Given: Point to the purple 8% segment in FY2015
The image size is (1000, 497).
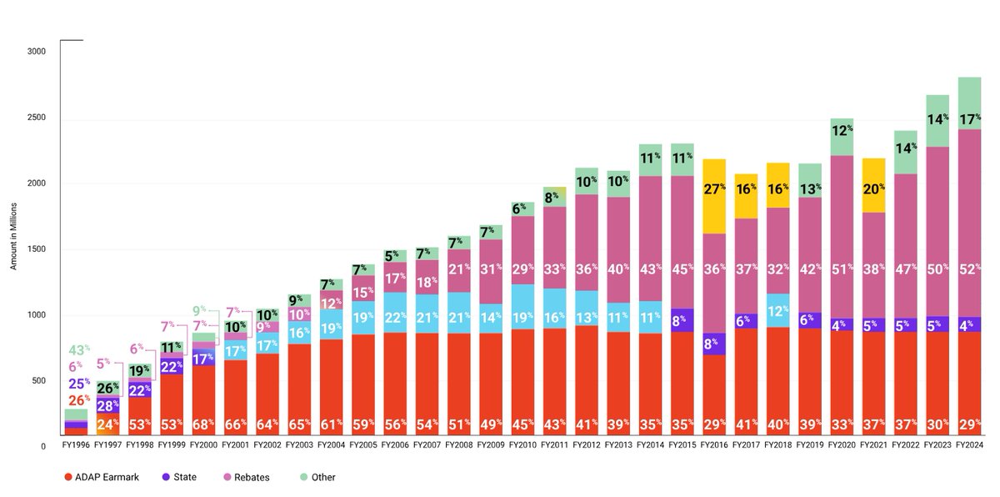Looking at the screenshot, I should coord(683,320).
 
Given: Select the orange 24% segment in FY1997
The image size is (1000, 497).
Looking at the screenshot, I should coord(108,424).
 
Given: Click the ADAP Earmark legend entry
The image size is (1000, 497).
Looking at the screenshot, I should coord(100,478).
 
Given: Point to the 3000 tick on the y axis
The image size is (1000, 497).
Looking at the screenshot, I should coord(37,52).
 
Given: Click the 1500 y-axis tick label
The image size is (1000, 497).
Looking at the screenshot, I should coord(37,249).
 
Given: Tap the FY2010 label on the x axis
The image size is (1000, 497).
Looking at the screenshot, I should coord(523,446).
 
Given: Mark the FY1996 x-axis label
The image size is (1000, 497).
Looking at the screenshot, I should coord(77,446).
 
